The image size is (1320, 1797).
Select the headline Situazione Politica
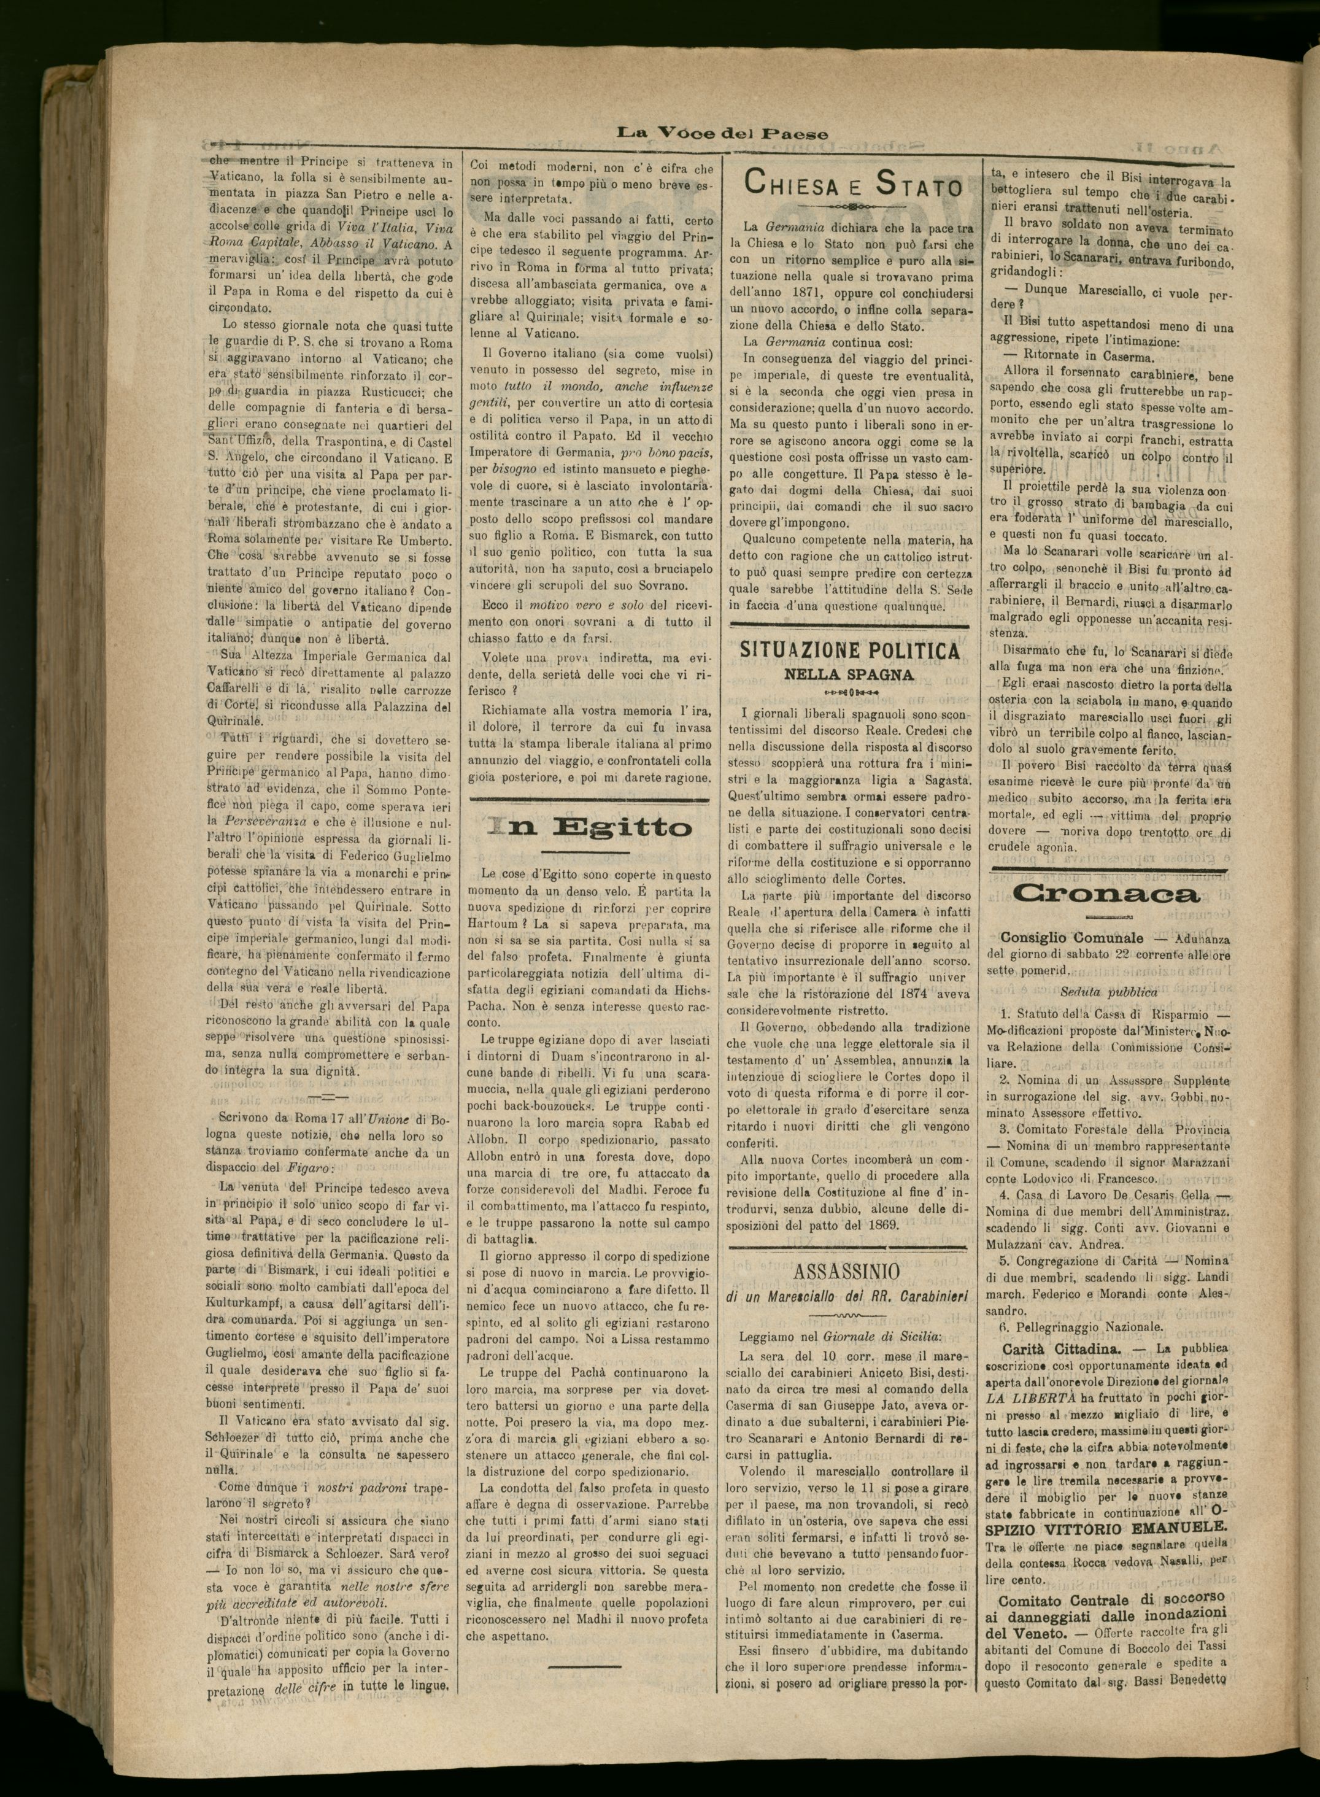click(850, 651)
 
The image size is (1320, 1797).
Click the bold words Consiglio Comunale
click(1071, 938)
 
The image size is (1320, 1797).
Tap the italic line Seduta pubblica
click(1109, 992)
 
